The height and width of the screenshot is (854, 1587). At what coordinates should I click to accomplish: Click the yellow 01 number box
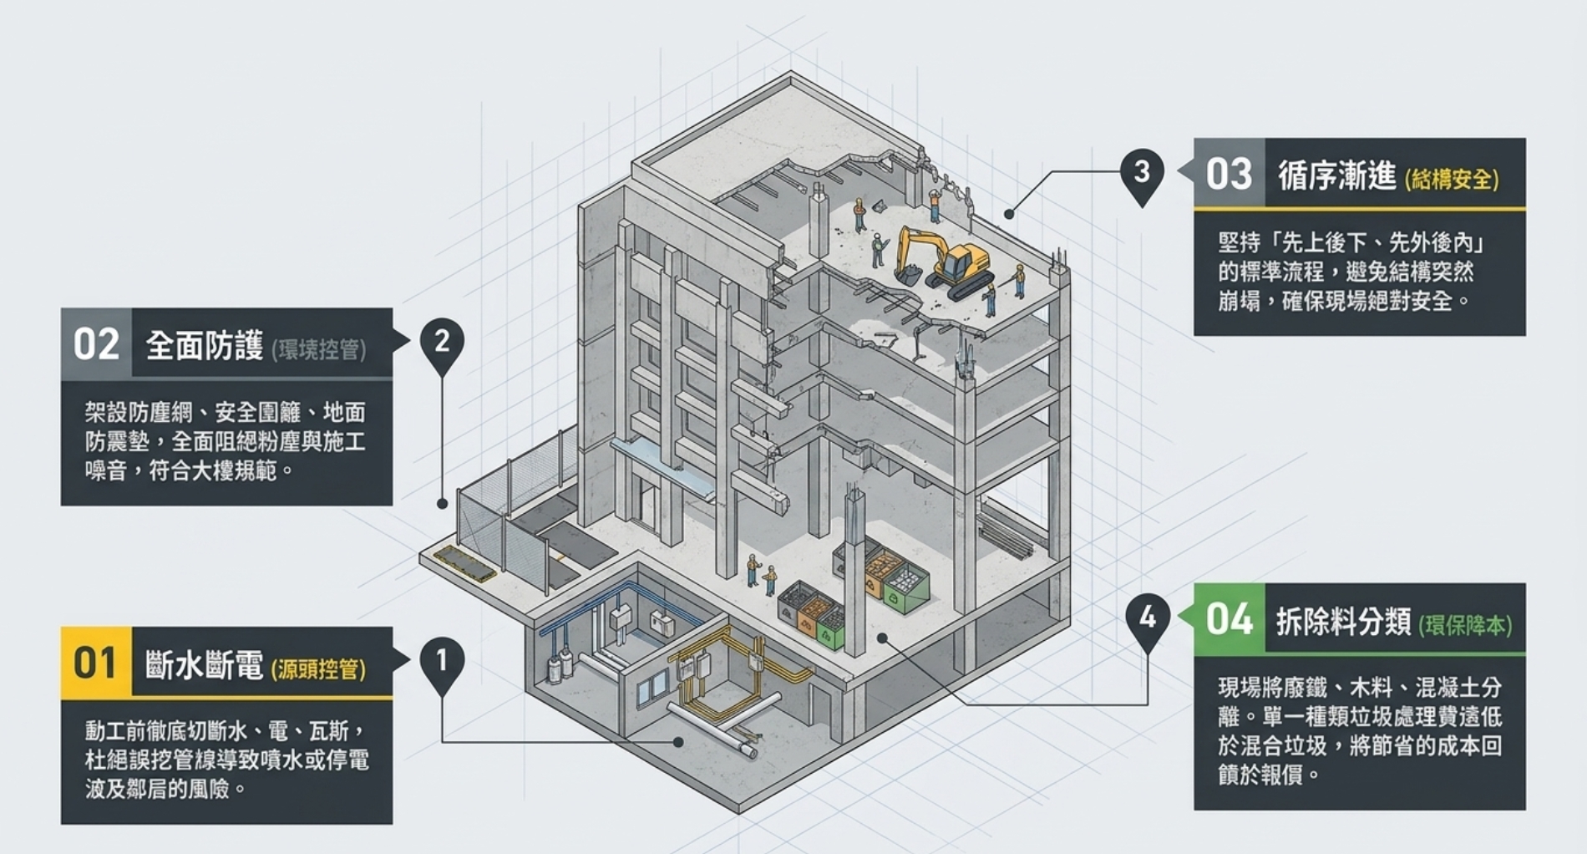[x=96, y=662]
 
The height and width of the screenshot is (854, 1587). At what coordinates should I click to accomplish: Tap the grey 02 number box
[x=96, y=343]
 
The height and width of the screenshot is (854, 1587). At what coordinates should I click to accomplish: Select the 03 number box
[x=1230, y=173]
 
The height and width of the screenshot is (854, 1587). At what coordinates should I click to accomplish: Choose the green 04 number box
[x=1230, y=618]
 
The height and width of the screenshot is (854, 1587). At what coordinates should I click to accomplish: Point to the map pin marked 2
[x=442, y=345]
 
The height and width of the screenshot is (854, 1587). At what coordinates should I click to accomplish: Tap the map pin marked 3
[x=1142, y=176]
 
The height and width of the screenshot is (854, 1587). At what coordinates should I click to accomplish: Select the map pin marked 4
[x=1148, y=622]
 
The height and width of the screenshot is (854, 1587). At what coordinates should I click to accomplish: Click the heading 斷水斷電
[x=205, y=664]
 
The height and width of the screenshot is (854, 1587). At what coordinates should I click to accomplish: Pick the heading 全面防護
[x=205, y=345]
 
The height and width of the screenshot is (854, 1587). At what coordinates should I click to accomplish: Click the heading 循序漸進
[x=1337, y=175]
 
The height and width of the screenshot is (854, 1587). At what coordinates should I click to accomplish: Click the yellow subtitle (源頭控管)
[x=318, y=668]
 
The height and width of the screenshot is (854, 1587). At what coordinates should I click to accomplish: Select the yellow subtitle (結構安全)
[x=1452, y=179]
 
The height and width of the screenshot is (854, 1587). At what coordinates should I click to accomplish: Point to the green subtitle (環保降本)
[x=1465, y=625]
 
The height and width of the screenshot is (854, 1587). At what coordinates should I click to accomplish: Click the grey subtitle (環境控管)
[x=318, y=349]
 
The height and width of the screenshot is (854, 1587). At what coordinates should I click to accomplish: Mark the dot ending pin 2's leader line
[x=442, y=504]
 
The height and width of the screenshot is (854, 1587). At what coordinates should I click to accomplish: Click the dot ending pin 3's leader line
[x=1010, y=214]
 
